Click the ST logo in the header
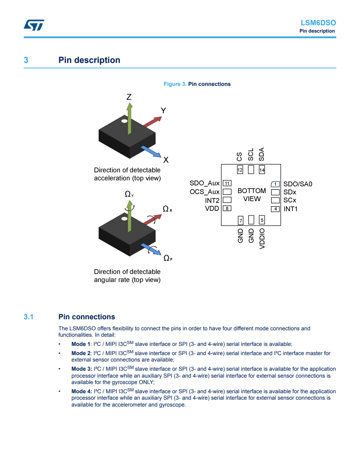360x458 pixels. tap(34, 25)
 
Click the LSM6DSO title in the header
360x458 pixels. tap(318, 23)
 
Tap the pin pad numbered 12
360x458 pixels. tap(240, 170)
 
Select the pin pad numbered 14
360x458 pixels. tap(262, 170)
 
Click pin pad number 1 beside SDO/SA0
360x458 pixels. tap(275, 184)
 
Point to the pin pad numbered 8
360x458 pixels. tap(227, 208)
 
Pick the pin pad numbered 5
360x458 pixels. tap(262, 220)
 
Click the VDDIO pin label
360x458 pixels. tap(262, 238)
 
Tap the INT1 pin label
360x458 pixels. tap(291, 209)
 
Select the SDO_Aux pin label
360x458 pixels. tap(205, 183)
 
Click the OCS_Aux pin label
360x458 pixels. tap(205, 192)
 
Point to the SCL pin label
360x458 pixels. tap(251, 154)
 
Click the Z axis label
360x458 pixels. tap(129, 97)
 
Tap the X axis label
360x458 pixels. tap(166, 160)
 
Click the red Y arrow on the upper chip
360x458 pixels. tap(152, 122)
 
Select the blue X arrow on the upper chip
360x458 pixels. tap(151, 151)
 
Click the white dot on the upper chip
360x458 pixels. tap(124, 121)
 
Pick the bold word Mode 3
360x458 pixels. tap(82, 369)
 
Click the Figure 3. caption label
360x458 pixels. tap(175, 84)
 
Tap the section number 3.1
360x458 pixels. tap(29, 317)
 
